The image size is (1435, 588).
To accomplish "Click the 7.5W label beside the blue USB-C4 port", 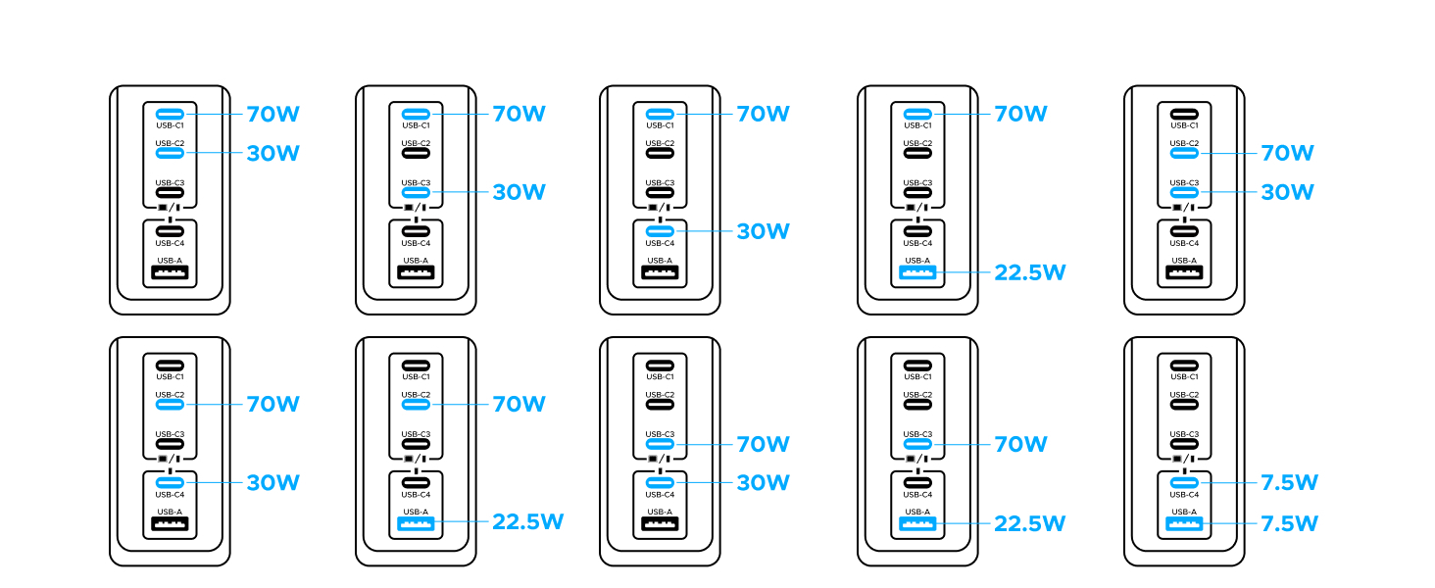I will (1290, 483).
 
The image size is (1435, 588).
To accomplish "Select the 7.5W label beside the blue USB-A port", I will (1290, 523).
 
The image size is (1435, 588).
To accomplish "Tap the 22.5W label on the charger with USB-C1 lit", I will (1029, 272).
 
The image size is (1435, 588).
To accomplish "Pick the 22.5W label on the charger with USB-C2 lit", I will (527, 522).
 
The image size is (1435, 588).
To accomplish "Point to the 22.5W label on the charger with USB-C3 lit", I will (1029, 523).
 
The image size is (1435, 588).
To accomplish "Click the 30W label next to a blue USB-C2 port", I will (272, 154).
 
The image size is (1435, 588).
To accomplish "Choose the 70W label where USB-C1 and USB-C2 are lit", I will (272, 114).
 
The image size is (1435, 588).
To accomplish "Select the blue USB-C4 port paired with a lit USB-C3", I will (661, 483).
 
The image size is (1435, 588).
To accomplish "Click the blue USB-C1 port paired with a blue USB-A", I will (917, 114).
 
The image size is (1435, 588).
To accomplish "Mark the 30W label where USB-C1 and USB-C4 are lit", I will (763, 232).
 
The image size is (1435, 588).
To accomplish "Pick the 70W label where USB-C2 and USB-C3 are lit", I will (1287, 154).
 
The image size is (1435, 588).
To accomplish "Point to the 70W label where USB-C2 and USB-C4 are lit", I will (272, 404).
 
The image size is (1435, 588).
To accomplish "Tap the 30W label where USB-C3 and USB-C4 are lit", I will (763, 483).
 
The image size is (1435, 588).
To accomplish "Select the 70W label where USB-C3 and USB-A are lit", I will (1020, 444).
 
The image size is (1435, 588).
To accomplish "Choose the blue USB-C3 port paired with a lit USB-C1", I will (416, 193).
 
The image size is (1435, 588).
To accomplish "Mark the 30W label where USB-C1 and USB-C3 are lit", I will (519, 193).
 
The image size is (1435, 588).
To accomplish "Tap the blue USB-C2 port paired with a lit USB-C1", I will (170, 153).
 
